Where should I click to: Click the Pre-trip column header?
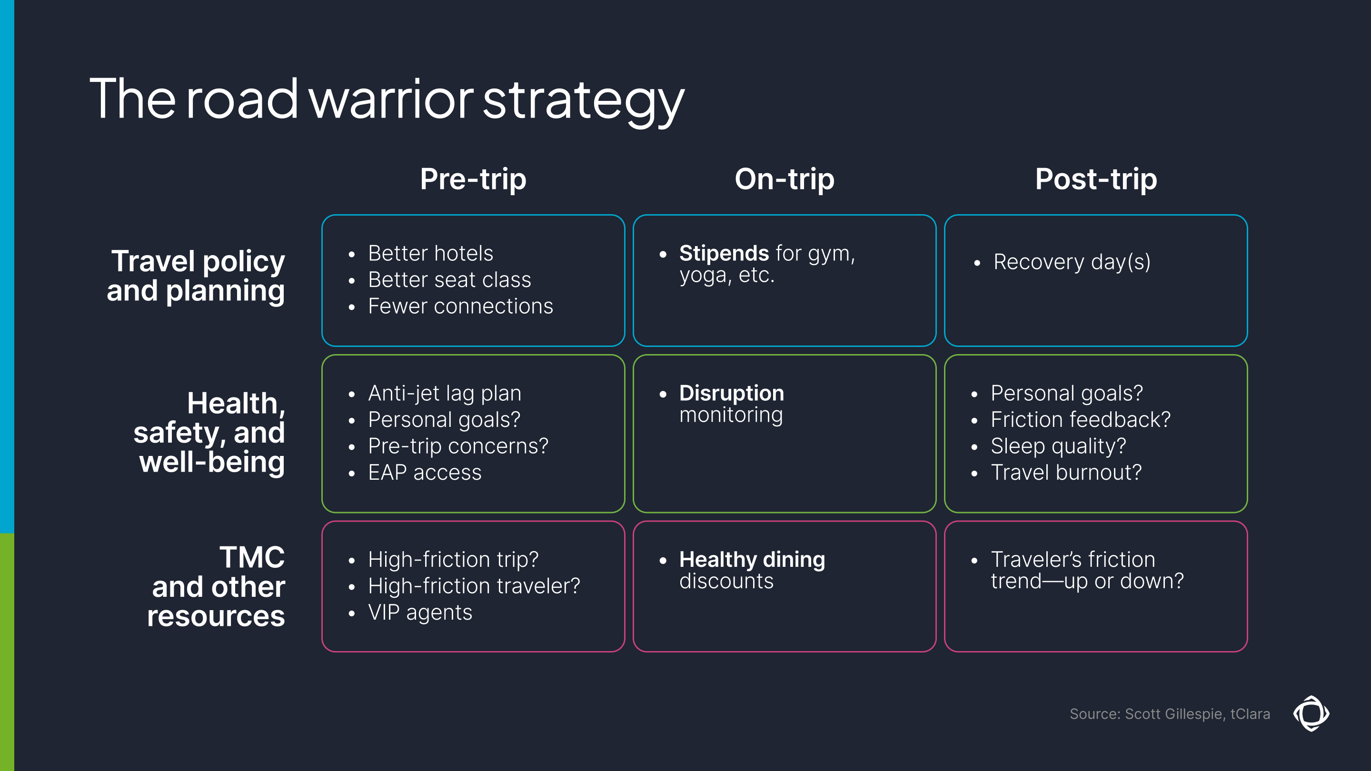[473, 179]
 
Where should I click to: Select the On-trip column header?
[784, 179]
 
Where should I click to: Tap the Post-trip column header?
[1095, 179]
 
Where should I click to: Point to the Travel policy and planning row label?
[196, 276]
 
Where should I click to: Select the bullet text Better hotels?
[430, 253]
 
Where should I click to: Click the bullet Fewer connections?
[460, 306]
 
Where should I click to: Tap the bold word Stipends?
[723, 253]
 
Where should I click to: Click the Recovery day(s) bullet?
[1072, 262]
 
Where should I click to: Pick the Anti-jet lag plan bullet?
[445, 393]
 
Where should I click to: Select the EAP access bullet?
[424, 473]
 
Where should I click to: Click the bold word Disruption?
[731, 393]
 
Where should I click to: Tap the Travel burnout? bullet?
[1065, 473]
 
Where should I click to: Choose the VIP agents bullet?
[419, 613]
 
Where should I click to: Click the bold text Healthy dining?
[752, 560]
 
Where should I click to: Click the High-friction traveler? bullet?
[474, 586]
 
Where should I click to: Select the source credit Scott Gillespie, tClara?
[1169, 714]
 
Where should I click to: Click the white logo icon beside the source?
[1311, 713]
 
